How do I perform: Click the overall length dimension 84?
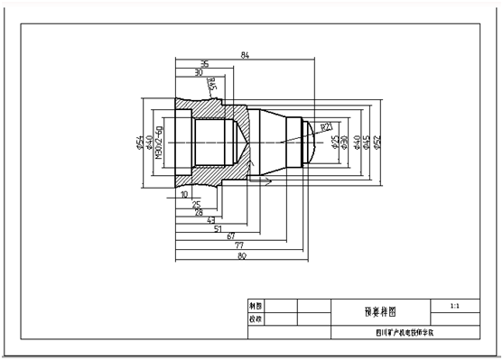(245, 57)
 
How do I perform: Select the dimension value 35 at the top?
(204, 65)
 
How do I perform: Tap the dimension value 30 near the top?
(199, 73)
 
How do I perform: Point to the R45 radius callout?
(212, 86)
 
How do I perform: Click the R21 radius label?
(327, 126)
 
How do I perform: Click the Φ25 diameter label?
(335, 143)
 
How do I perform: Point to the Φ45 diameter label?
(367, 143)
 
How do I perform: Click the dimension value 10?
(184, 194)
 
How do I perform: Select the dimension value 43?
(211, 220)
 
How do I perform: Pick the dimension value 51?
(217, 229)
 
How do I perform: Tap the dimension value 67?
(231, 237)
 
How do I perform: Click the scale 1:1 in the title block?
(453, 307)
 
